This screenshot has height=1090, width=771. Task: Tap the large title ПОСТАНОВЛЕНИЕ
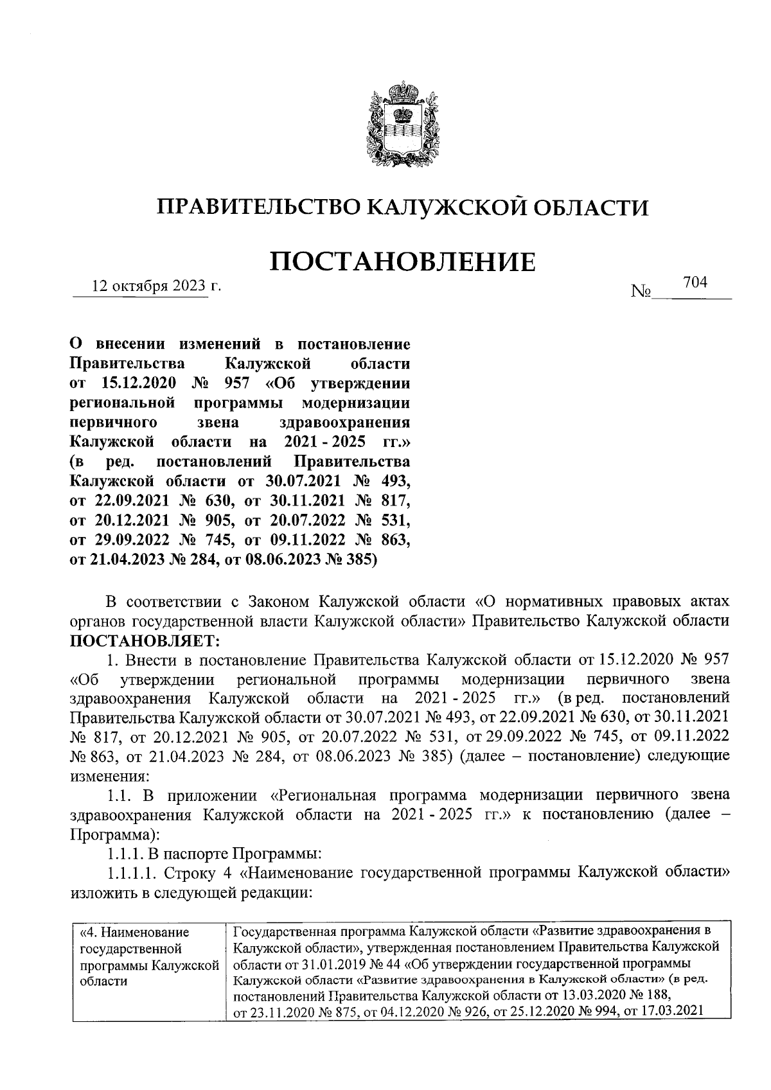tap(403, 262)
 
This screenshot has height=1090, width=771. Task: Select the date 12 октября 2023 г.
tap(156, 286)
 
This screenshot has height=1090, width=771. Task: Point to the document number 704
tap(695, 283)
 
